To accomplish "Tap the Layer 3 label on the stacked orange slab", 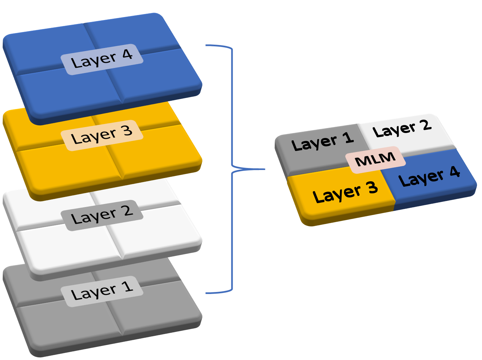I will point(102,135).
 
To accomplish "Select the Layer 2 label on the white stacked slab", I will point(102,215).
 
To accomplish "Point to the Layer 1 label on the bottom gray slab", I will point(102,291).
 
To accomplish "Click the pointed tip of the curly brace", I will point(265,169).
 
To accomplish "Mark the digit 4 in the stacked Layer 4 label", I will point(127,55).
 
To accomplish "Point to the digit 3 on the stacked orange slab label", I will point(127,131).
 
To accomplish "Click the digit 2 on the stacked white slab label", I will point(127,211).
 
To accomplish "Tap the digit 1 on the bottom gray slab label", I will point(127,287).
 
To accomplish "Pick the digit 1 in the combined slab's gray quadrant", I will point(348,137).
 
